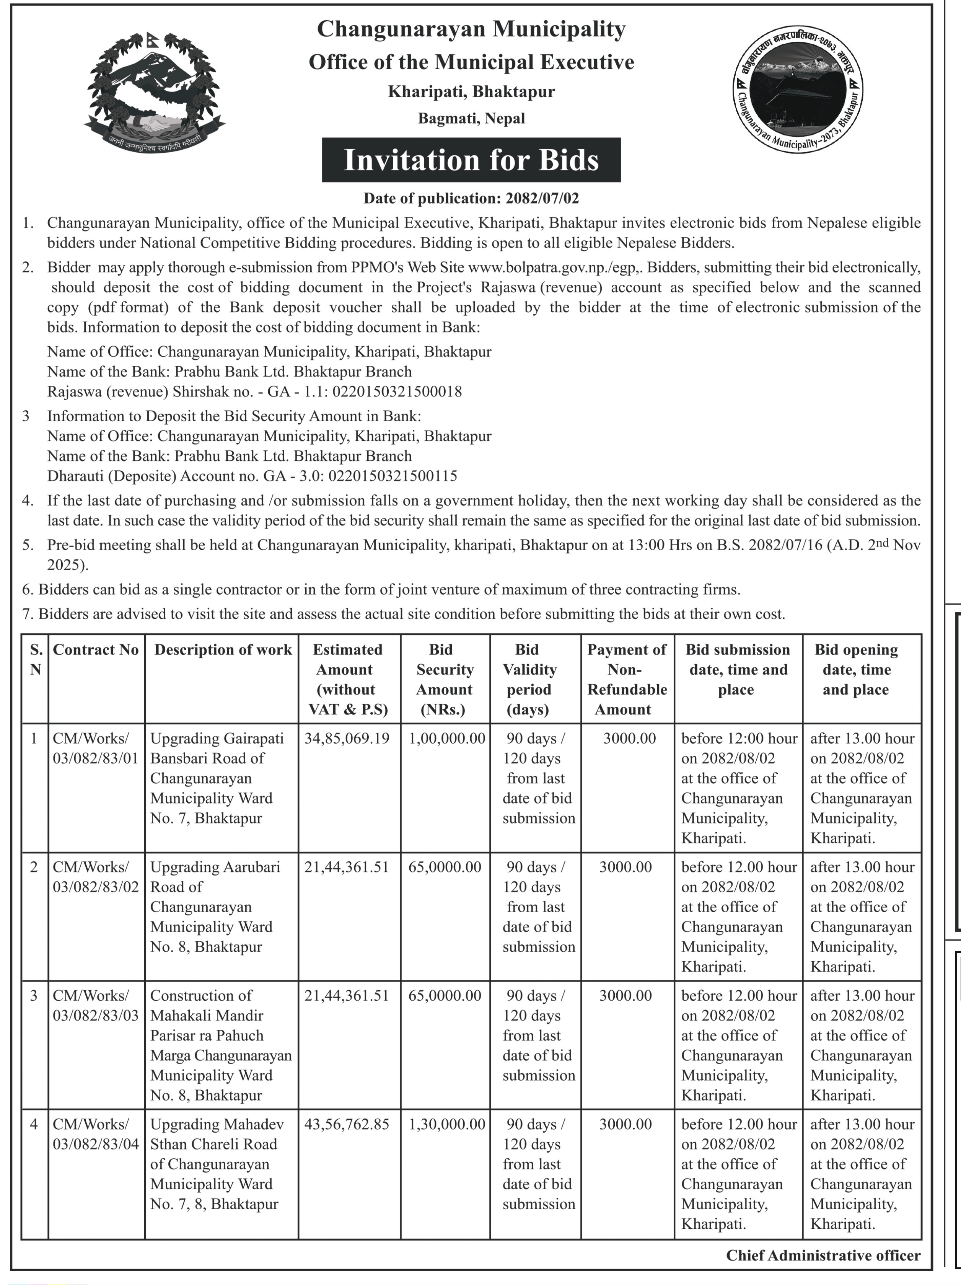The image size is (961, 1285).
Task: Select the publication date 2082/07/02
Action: [x=542, y=199]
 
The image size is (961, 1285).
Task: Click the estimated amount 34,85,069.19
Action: [x=347, y=739]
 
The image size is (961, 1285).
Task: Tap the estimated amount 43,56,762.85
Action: [x=347, y=1124]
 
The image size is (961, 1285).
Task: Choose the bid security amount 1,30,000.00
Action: [x=446, y=1124]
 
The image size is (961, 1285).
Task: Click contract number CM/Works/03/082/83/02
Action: [x=96, y=877]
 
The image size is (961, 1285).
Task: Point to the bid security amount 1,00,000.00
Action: [x=446, y=739]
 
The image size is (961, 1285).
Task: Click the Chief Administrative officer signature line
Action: [x=823, y=1256]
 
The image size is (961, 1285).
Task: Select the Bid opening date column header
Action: [x=856, y=670]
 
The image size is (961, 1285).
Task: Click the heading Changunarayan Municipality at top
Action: [x=471, y=29]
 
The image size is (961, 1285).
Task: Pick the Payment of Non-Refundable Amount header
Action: [x=627, y=679]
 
